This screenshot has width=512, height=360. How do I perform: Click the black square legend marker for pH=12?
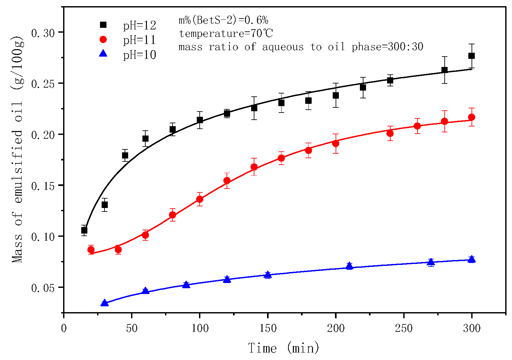coord(103,25)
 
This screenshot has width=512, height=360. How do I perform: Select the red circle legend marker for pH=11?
coord(103,39)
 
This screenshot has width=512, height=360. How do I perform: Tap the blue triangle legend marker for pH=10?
coord(103,53)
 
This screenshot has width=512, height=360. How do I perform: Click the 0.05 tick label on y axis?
coord(42,288)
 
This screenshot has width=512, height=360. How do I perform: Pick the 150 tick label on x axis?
coord(268,329)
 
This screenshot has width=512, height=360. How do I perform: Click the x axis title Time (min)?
coord(284,348)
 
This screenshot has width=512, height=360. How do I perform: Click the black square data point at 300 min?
coord(472,56)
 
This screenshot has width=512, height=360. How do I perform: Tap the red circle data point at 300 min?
coord(472,117)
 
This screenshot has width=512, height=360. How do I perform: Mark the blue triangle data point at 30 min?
coord(105,303)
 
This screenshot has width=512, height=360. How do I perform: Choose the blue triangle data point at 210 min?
coord(349,266)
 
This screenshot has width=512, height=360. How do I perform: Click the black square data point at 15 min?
coord(84,230)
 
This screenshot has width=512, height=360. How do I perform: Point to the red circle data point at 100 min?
coord(200,199)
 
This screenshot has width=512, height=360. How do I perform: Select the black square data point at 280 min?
coord(444,70)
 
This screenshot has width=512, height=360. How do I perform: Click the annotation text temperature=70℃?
coord(226,33)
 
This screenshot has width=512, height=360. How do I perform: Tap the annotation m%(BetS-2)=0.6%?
coord(223,20)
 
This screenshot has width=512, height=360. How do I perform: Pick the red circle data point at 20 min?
coord(91,250)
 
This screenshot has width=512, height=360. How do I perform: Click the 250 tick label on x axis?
coord(404,329)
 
